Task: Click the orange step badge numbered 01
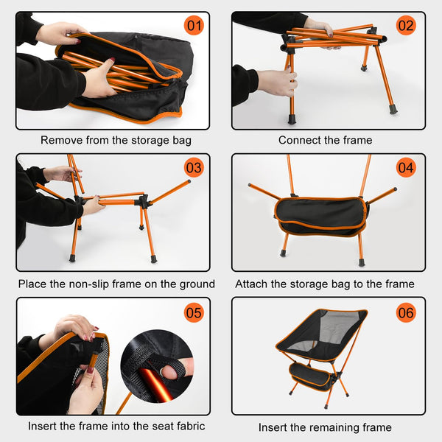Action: (x=194, y=27)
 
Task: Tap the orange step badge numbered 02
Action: (x=407, y=27)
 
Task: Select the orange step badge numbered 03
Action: (x=194, y=168)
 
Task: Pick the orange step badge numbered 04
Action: (x=407, y=168)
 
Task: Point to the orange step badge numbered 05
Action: (x=194, y=312)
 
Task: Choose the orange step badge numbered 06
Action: (x=407, y=312)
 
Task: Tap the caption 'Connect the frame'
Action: (x=325, y=140)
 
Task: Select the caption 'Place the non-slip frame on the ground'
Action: (x=116, y=284)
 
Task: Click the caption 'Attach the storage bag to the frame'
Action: (x=324, y=284)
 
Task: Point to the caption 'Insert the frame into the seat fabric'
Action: (x=116, y=426)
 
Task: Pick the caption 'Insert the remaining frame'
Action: (x=325, y=427)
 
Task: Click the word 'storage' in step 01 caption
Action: (x=146, y=140)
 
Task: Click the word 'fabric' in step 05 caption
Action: (x=189, y=426)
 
